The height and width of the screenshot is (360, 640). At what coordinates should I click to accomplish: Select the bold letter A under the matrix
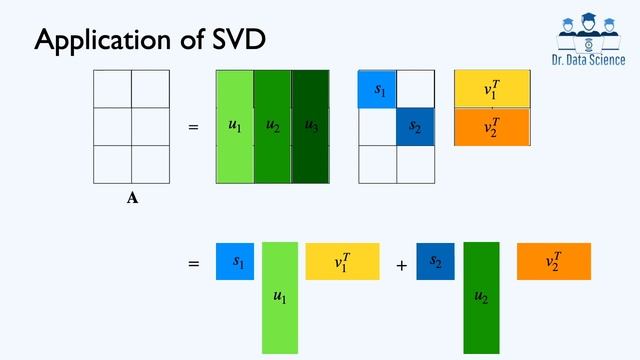click(x=132, y=198)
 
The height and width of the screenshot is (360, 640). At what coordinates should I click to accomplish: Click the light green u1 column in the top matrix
click(x=235, y=126)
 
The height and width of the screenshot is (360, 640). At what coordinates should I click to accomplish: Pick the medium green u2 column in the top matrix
click(x=272, y=126)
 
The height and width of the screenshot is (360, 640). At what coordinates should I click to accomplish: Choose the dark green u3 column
click(x=310, y=126)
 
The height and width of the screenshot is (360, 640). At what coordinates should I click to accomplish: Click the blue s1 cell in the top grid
click(x=378, y=90)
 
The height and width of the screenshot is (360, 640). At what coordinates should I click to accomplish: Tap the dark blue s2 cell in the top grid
click(x=415, y=127)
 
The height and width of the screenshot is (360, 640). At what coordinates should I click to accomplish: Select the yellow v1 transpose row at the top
click(x=491, y=89)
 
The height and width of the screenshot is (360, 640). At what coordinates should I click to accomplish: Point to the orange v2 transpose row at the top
click(x=491, y=126)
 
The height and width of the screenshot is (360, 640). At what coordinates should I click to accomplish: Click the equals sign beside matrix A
click(x=194, y=127)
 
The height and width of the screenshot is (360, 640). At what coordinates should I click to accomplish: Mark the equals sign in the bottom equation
click(x=194, y=264)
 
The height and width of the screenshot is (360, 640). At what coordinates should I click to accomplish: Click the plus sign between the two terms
click(x=401, y=266)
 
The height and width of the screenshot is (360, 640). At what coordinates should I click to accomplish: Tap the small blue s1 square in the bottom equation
click(x=235, y=261)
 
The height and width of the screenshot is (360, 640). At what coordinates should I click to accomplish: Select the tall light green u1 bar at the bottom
click(x=280, y=298)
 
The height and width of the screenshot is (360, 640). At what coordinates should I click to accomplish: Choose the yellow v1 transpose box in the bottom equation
click(x=342, y=261)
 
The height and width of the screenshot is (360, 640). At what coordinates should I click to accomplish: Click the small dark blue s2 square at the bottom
click(x=435, y=261)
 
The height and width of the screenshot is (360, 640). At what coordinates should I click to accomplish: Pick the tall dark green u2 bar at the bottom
click(x=481, y=298)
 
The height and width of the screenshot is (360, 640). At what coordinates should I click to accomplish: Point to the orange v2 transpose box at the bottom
click(x=553, y=261)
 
